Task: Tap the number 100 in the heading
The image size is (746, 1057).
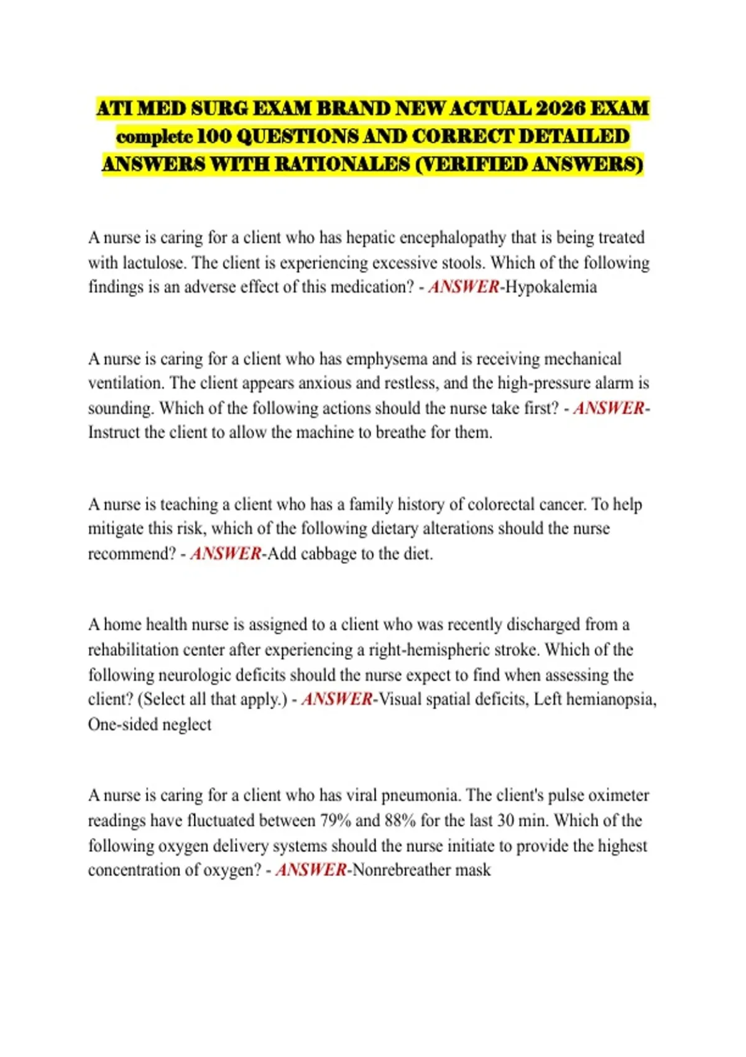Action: [x=214, y=136]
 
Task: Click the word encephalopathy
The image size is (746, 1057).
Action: [x=453, y=238]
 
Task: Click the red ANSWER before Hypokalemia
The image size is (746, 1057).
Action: [x=464, y=287]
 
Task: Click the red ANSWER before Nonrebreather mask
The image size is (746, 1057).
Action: [x=311, y=870]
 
